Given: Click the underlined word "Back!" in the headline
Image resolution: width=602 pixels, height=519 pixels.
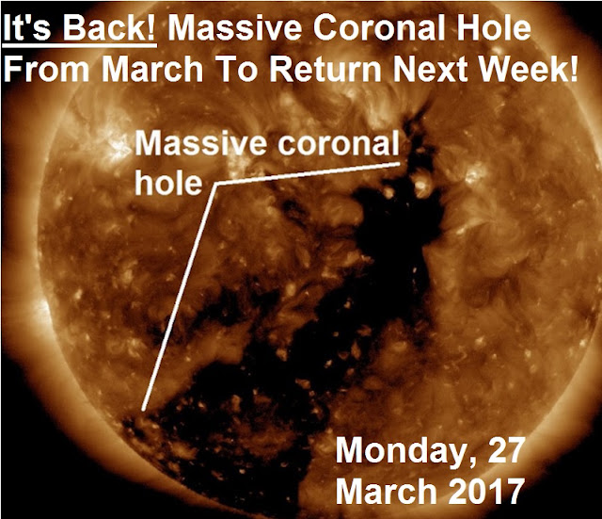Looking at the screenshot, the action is tap(109, 27).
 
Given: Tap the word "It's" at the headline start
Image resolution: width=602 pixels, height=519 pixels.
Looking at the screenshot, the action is tap(27, 27).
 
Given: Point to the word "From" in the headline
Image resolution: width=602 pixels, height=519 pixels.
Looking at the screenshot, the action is tap(46, 69).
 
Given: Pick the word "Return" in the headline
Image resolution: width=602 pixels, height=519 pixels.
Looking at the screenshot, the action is tap(325, 69).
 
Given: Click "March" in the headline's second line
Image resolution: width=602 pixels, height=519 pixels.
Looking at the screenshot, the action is tap(152, 69).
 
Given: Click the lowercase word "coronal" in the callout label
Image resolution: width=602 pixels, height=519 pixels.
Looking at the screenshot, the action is tap(339, 143).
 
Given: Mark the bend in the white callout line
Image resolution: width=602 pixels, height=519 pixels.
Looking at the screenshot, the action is tap(217, 185).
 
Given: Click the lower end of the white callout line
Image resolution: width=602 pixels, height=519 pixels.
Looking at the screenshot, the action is tap(143, 410).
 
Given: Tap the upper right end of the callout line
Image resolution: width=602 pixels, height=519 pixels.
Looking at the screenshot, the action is tap(399, 164).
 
